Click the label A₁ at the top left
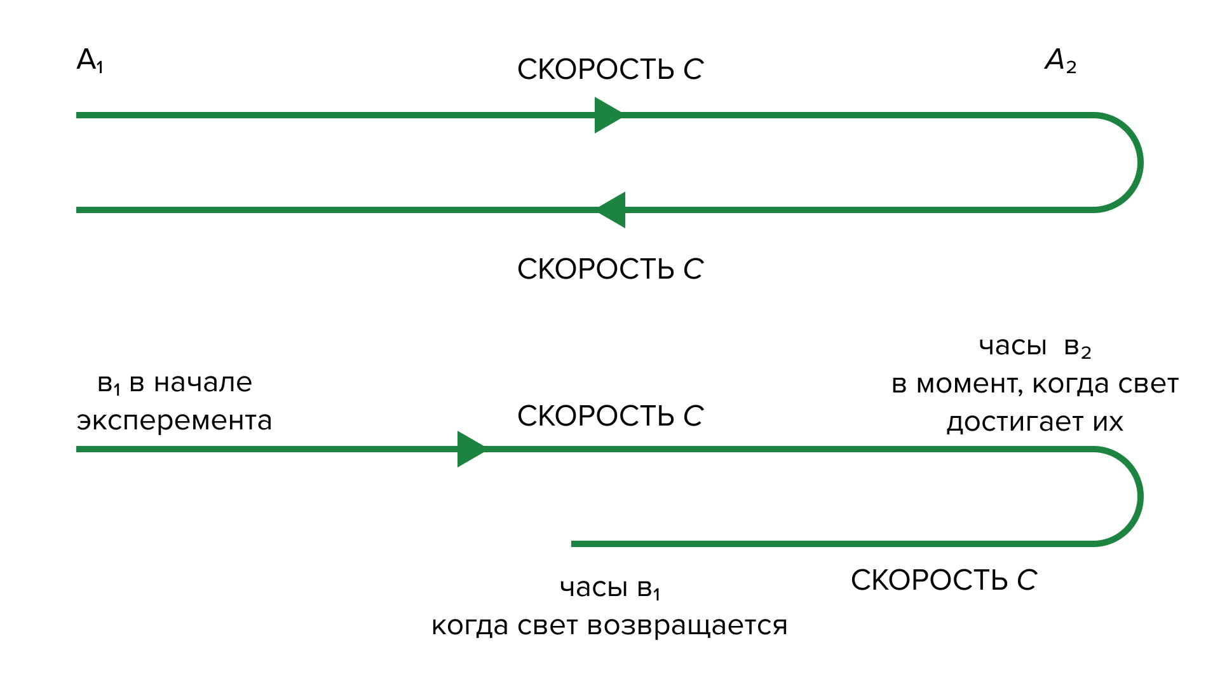point(90,60)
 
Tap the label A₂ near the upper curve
point(1061,62)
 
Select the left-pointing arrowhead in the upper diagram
point(612,210)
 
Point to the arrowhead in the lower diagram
point(471,449)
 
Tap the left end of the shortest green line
point(574,544)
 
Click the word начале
point(203,383)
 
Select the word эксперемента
point(174,421)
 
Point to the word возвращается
point(687,626)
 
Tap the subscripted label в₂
point(1078,348)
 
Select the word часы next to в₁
point(593,588)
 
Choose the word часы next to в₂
point(1012,347)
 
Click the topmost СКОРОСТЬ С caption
point(610,69)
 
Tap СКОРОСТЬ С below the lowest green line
point(944,580)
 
